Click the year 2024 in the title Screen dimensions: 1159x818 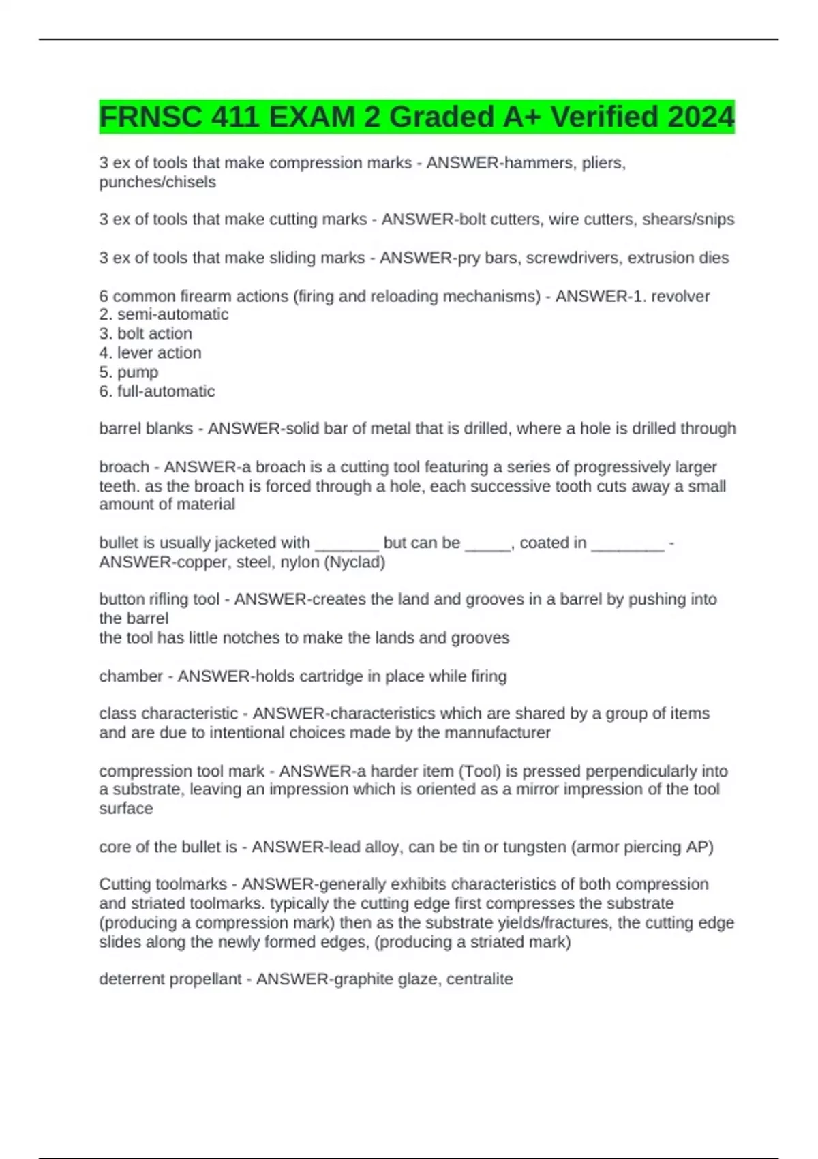tap(700, 117)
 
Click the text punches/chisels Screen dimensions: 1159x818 tap(157, 183)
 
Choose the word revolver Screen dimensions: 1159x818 tap(680, 297)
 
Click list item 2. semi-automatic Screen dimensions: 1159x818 tap(164, 315)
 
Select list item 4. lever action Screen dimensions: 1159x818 tap(150, 353)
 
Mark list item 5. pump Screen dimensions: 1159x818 tap(129, 372)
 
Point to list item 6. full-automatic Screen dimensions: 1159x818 tap(157, 391)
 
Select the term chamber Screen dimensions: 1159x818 tap(131, 676)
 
